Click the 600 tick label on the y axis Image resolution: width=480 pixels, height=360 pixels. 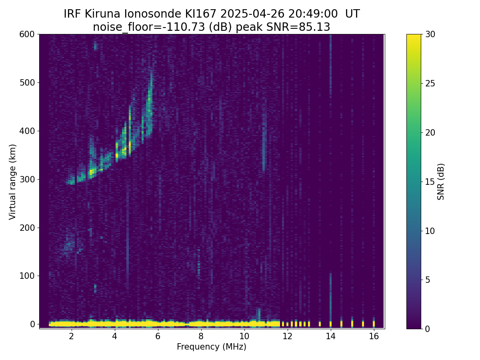click(x=27, y=34)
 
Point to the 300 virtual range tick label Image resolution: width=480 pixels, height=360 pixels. click(x=27, y=180)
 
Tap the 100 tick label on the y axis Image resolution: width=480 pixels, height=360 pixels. click(x=27, y=276)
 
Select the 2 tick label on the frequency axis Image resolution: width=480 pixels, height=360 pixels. click(x=71, y=336)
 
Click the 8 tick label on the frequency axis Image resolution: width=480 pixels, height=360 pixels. click(x=201, y=336)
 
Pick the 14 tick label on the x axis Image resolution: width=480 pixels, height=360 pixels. click(x=331, y=336)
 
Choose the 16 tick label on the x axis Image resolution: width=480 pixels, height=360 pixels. click(x=374, y=336)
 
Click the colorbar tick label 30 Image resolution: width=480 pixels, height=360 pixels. click(x=430, y=34)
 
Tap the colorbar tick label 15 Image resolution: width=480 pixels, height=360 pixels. click(x=430, y=182)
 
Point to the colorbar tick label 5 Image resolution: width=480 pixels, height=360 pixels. click(x=428, y=280)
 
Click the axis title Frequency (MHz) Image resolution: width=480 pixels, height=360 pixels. click(x=212, y=347)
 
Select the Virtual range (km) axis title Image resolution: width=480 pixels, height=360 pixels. click(x=12, y=182)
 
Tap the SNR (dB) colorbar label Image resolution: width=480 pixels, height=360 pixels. click(x=441, y=182)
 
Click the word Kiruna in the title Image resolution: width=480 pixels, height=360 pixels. click(x=102, y=14)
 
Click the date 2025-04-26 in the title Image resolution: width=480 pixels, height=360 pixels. click(x=252, y=14)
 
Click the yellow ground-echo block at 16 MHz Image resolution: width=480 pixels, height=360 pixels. click(x=374, y=324)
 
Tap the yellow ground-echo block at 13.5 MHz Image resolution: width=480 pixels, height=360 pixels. click(x=320, y=324)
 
